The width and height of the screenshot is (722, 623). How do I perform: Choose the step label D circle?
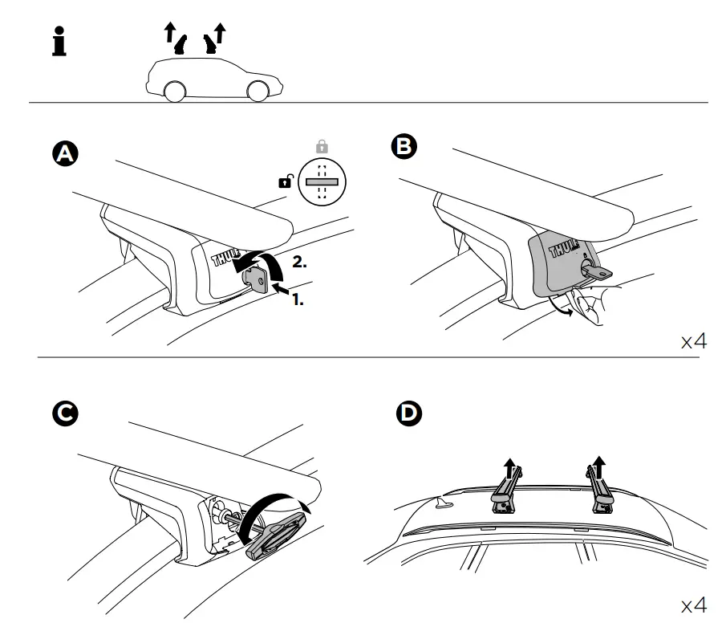click(410, 414)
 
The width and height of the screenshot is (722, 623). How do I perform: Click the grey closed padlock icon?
click(322, 147)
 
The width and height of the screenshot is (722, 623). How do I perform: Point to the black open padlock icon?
click(286, 182)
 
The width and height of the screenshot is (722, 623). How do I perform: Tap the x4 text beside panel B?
click(693, 341)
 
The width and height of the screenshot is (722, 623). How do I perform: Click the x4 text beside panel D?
click(693, 603)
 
